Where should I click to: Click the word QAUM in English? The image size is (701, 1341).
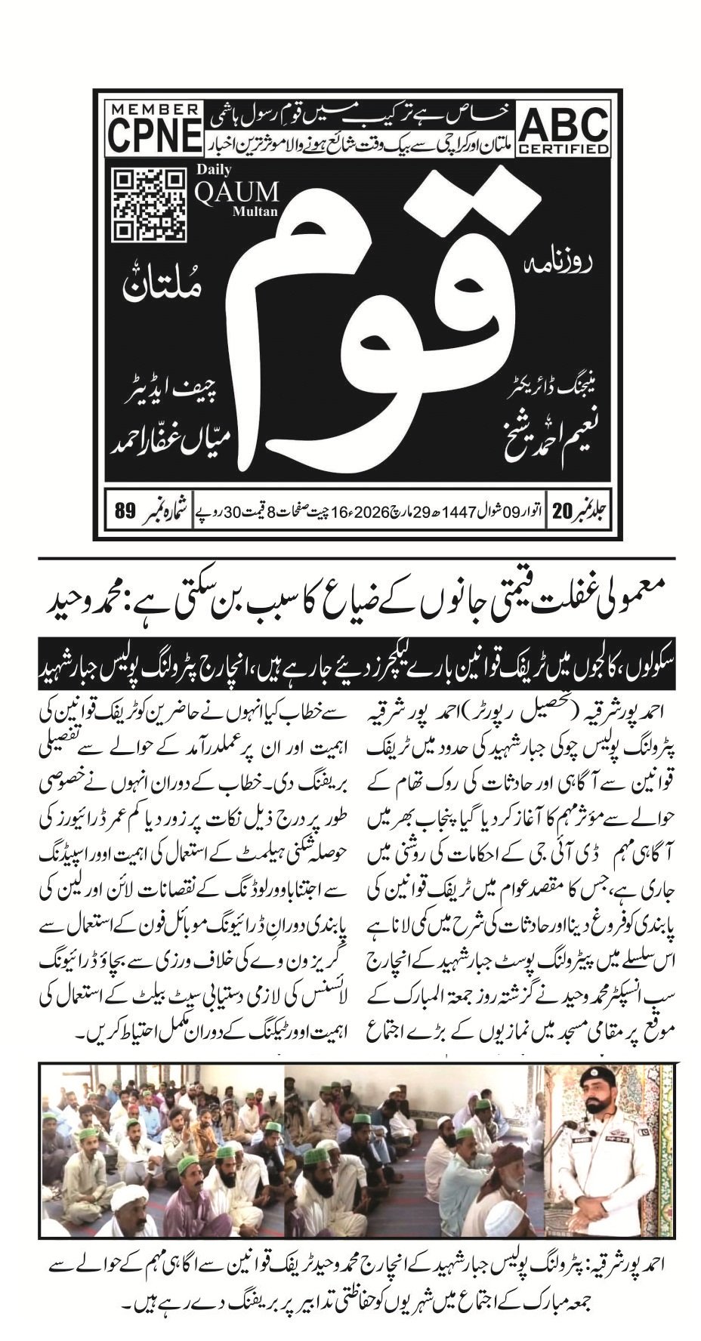coord(237,192)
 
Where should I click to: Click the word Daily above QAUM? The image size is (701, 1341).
coord(215,170)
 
